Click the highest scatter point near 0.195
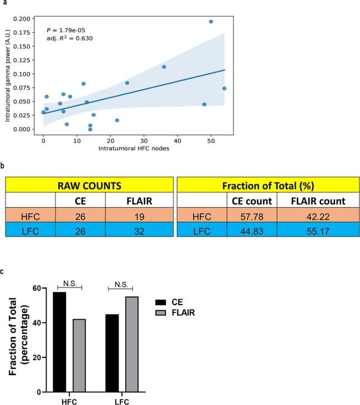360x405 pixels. coord(211,22)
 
